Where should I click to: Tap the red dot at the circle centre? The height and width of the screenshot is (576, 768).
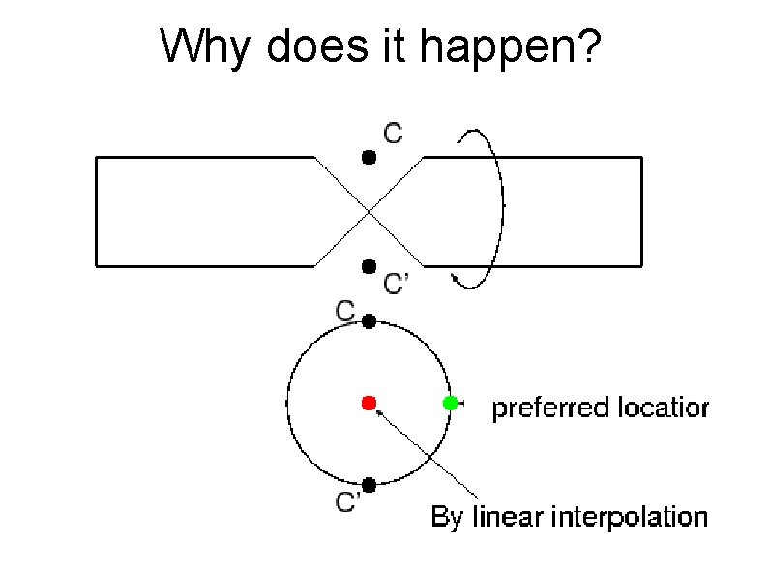(368, 402)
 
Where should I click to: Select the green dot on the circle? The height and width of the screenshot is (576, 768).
(450, 403)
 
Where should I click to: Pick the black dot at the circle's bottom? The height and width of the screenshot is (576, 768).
(369, 485)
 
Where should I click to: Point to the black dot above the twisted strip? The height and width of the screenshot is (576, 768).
(368, 156)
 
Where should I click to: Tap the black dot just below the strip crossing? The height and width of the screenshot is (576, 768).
(368, 266)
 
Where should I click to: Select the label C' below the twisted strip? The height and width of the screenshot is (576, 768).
(398, 284)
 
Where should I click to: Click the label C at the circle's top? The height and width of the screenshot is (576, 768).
(345, 311)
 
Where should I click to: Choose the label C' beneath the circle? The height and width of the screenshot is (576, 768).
(348, 502)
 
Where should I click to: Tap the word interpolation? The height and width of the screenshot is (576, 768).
(629, 518)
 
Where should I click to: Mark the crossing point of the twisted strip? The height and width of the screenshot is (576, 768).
(369, 210)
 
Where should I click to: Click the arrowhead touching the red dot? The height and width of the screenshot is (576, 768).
(379, 412)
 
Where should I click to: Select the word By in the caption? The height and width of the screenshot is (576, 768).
(447, 518)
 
